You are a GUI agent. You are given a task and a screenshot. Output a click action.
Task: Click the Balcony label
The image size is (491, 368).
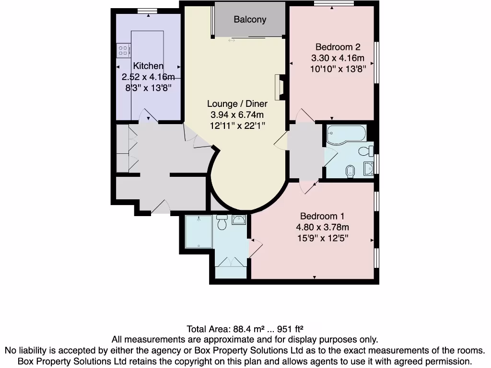pyautogui.click(x=250, y=20)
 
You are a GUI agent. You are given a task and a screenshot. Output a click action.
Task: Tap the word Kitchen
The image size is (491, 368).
pyautogui.click(x=148, y=66)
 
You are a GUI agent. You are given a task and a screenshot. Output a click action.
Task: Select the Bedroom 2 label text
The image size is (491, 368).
pyautogui.click(x=338, y=47)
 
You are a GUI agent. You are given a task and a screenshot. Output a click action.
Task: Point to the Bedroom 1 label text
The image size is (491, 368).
pyautogui.click(x=322, y=216)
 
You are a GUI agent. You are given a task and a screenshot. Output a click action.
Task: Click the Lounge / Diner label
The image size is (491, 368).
pyautogui.click(x=237, y=104)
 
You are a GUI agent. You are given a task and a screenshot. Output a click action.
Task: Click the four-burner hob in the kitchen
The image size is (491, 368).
pyautogui.click(x=123, y=50)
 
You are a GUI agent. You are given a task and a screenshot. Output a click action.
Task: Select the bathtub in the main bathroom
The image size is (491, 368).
pyautogui.click(x=346, y=135)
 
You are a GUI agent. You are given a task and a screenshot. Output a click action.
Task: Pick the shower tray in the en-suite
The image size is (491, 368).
pyautogui.click(x=199, y=231)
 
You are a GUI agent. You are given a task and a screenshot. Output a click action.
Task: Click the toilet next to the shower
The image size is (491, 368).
pyautogui.click(x=222, y=222)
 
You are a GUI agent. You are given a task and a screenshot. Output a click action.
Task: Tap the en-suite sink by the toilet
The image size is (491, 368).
pyautogui.click(x=239, y=220)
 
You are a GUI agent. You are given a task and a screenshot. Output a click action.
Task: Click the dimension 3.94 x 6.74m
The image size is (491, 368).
pyautogui.click(x=237, y=115)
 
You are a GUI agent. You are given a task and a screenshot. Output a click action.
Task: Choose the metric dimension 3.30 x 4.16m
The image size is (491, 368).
pyautogui.click(x=338, y=58)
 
